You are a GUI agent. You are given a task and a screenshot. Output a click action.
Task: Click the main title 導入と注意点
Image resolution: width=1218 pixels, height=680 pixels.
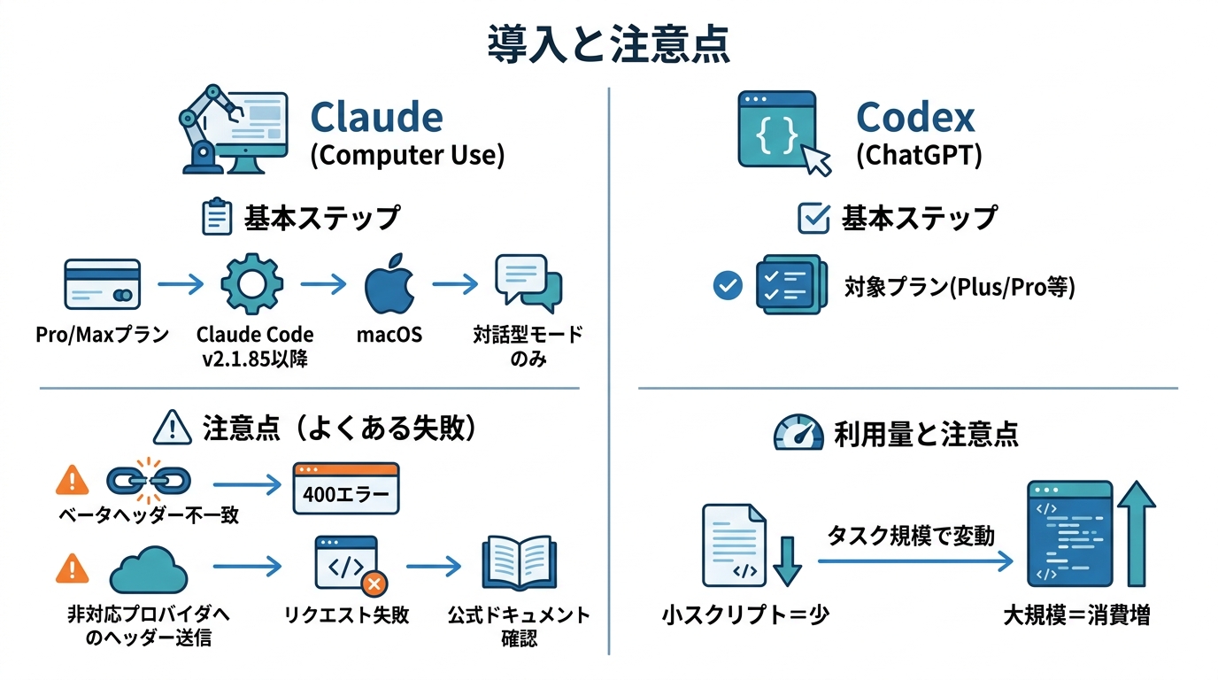609,44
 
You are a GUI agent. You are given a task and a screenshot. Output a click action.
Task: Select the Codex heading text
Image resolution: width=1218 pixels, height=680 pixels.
915,117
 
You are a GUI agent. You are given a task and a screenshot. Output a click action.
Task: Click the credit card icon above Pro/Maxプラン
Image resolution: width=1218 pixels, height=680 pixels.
102,283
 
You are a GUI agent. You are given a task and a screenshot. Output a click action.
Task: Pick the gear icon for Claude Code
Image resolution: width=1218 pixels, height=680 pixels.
252,284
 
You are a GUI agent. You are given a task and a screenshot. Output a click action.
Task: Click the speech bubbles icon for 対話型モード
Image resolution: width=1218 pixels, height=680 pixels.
528,282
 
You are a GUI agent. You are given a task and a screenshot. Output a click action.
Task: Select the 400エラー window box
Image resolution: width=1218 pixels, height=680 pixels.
346,488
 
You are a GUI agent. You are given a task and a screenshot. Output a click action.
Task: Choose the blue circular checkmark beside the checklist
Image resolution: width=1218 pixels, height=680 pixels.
728,286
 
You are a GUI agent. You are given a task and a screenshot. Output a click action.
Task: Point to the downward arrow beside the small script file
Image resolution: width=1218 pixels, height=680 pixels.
786,561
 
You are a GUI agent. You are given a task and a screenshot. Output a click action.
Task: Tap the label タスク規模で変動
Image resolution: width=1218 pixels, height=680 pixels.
911,536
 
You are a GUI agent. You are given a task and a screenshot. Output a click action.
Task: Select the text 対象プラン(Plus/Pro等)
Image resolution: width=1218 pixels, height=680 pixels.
960,288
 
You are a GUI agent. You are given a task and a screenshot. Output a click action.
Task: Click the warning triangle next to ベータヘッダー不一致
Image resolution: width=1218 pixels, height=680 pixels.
72,480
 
